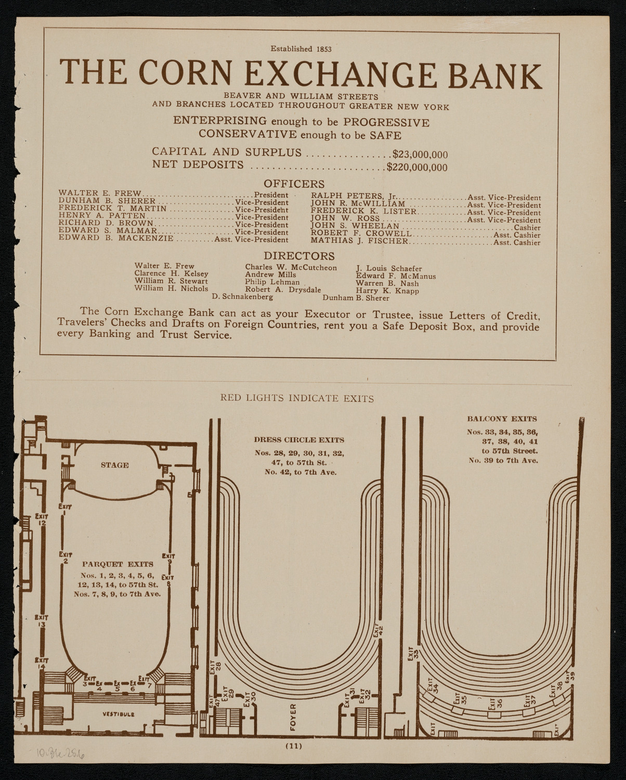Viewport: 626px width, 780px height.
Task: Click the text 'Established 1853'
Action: coord(301,49)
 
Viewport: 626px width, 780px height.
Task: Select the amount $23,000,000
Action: coord(420,154)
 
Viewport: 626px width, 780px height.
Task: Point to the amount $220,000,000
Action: coord(417,167)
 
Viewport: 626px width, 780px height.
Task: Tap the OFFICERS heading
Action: coord(294,184)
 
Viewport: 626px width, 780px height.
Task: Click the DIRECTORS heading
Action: coord(299,256)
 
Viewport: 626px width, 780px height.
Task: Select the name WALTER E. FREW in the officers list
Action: coord(100,194)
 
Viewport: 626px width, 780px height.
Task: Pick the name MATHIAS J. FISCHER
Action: coord(360,242)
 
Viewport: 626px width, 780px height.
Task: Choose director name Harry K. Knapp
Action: coord(380,291)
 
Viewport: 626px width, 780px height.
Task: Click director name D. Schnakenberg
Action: coord(243,297)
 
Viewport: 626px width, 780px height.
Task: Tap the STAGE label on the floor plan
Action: coord(115,465)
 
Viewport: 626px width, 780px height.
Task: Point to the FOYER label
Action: coord(293,716)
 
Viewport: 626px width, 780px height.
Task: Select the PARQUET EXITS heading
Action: coord(118,564)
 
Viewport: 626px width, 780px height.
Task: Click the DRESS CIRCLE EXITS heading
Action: coord(299,440)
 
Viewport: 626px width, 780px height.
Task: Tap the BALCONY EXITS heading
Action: coord(502,419)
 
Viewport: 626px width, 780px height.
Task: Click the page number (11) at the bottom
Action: coord(293,746)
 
